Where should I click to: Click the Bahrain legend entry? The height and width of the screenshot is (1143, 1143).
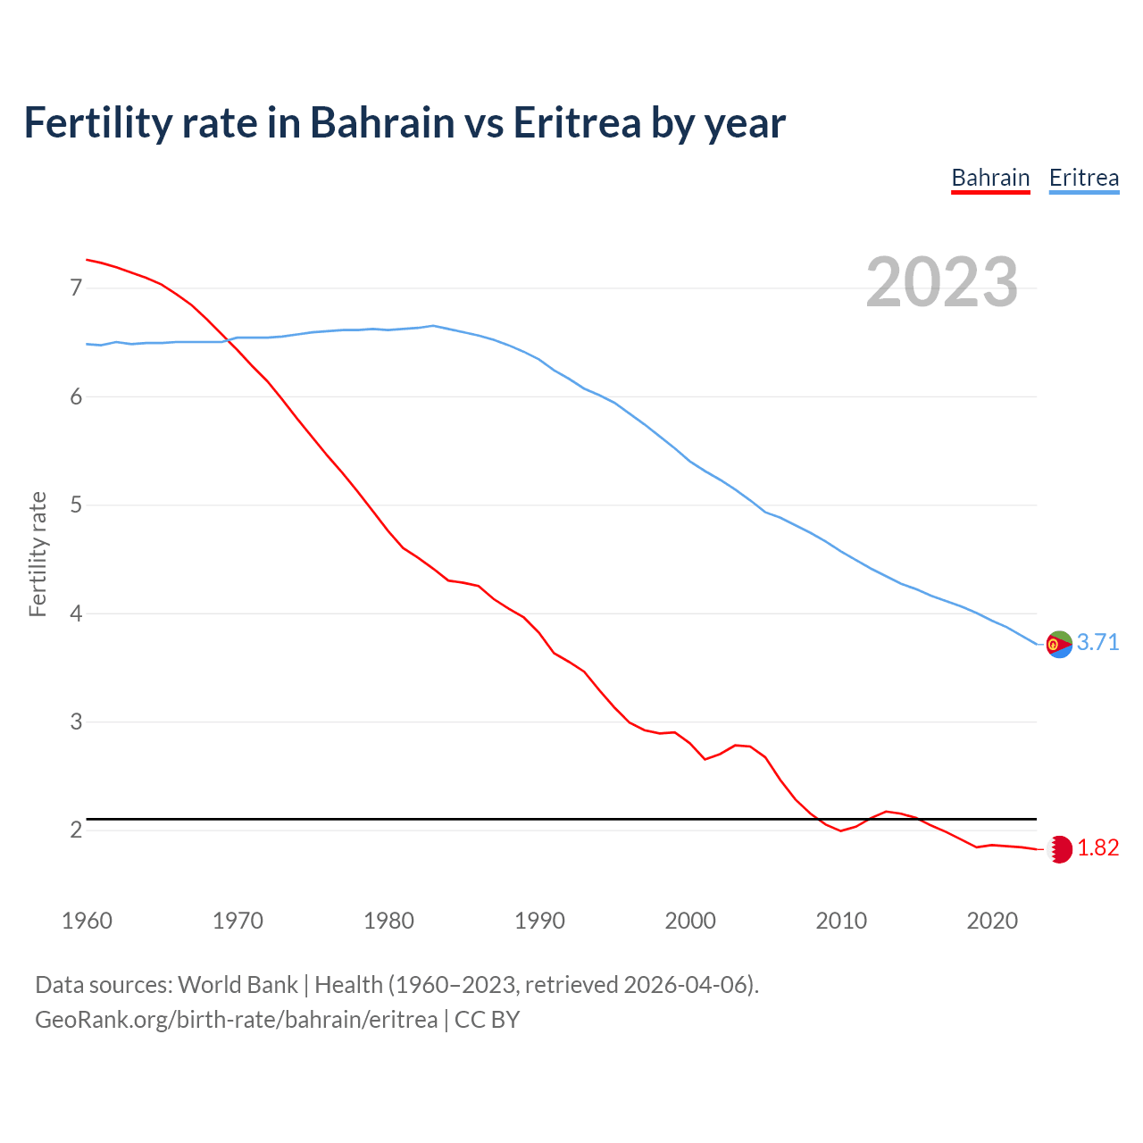click(990, 178)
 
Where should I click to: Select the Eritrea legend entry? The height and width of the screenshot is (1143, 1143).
click(1083, 178)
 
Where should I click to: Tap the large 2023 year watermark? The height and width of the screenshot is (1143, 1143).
click(942, 282)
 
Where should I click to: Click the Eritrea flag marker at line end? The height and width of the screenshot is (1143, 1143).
click(1059, 644)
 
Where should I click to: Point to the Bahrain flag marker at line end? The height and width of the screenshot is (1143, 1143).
click(1059, 849)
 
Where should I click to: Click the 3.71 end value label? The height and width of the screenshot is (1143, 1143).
click(1097, 643)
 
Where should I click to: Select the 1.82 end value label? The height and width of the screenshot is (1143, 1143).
click(1097, 848)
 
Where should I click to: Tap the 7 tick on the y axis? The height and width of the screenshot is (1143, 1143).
click(76, 288)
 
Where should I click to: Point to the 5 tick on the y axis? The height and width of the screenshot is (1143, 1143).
click(76, 505)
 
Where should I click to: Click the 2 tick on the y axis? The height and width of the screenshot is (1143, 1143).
click(76, 830)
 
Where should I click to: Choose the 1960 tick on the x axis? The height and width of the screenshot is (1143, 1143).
click(87, 921)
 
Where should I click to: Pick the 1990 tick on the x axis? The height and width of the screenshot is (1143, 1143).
click(539, 921)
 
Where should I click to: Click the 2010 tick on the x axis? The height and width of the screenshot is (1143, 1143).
click(841, 921)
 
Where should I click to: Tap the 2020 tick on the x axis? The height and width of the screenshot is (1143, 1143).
click(992, 921)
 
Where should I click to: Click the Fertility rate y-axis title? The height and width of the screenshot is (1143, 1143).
click(38, 554)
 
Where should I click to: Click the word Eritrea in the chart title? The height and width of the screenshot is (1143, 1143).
click(577, 122)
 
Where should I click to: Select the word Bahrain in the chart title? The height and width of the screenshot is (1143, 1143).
click(382, 122)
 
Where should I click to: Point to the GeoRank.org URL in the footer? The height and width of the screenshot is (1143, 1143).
click(236, 1020)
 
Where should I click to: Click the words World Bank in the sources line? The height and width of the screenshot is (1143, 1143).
click(238, 985)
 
